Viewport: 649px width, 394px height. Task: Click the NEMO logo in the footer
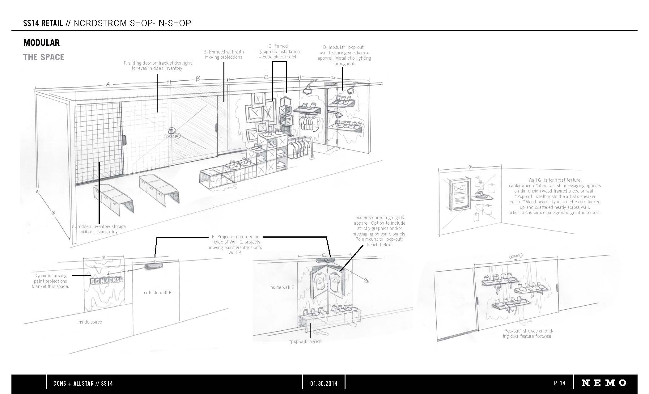604,383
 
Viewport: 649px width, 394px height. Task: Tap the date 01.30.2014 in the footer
324,383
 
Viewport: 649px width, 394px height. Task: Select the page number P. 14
560,383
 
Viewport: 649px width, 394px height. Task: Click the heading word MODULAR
41,43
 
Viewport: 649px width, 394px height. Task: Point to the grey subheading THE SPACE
44,57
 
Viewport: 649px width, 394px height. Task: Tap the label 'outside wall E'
158,292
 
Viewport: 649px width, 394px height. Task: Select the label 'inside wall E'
282,287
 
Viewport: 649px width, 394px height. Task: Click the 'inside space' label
90,322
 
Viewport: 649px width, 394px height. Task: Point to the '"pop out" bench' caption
305,341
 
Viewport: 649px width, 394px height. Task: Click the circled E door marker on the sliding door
172,130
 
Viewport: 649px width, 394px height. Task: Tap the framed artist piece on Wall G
461,195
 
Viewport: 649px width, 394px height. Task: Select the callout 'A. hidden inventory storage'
99,227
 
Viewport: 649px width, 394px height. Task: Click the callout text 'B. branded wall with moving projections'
223,54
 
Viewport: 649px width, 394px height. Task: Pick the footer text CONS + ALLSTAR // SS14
83,383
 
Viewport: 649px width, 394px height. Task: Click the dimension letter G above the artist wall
470,167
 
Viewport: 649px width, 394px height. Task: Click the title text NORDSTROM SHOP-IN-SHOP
132,23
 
